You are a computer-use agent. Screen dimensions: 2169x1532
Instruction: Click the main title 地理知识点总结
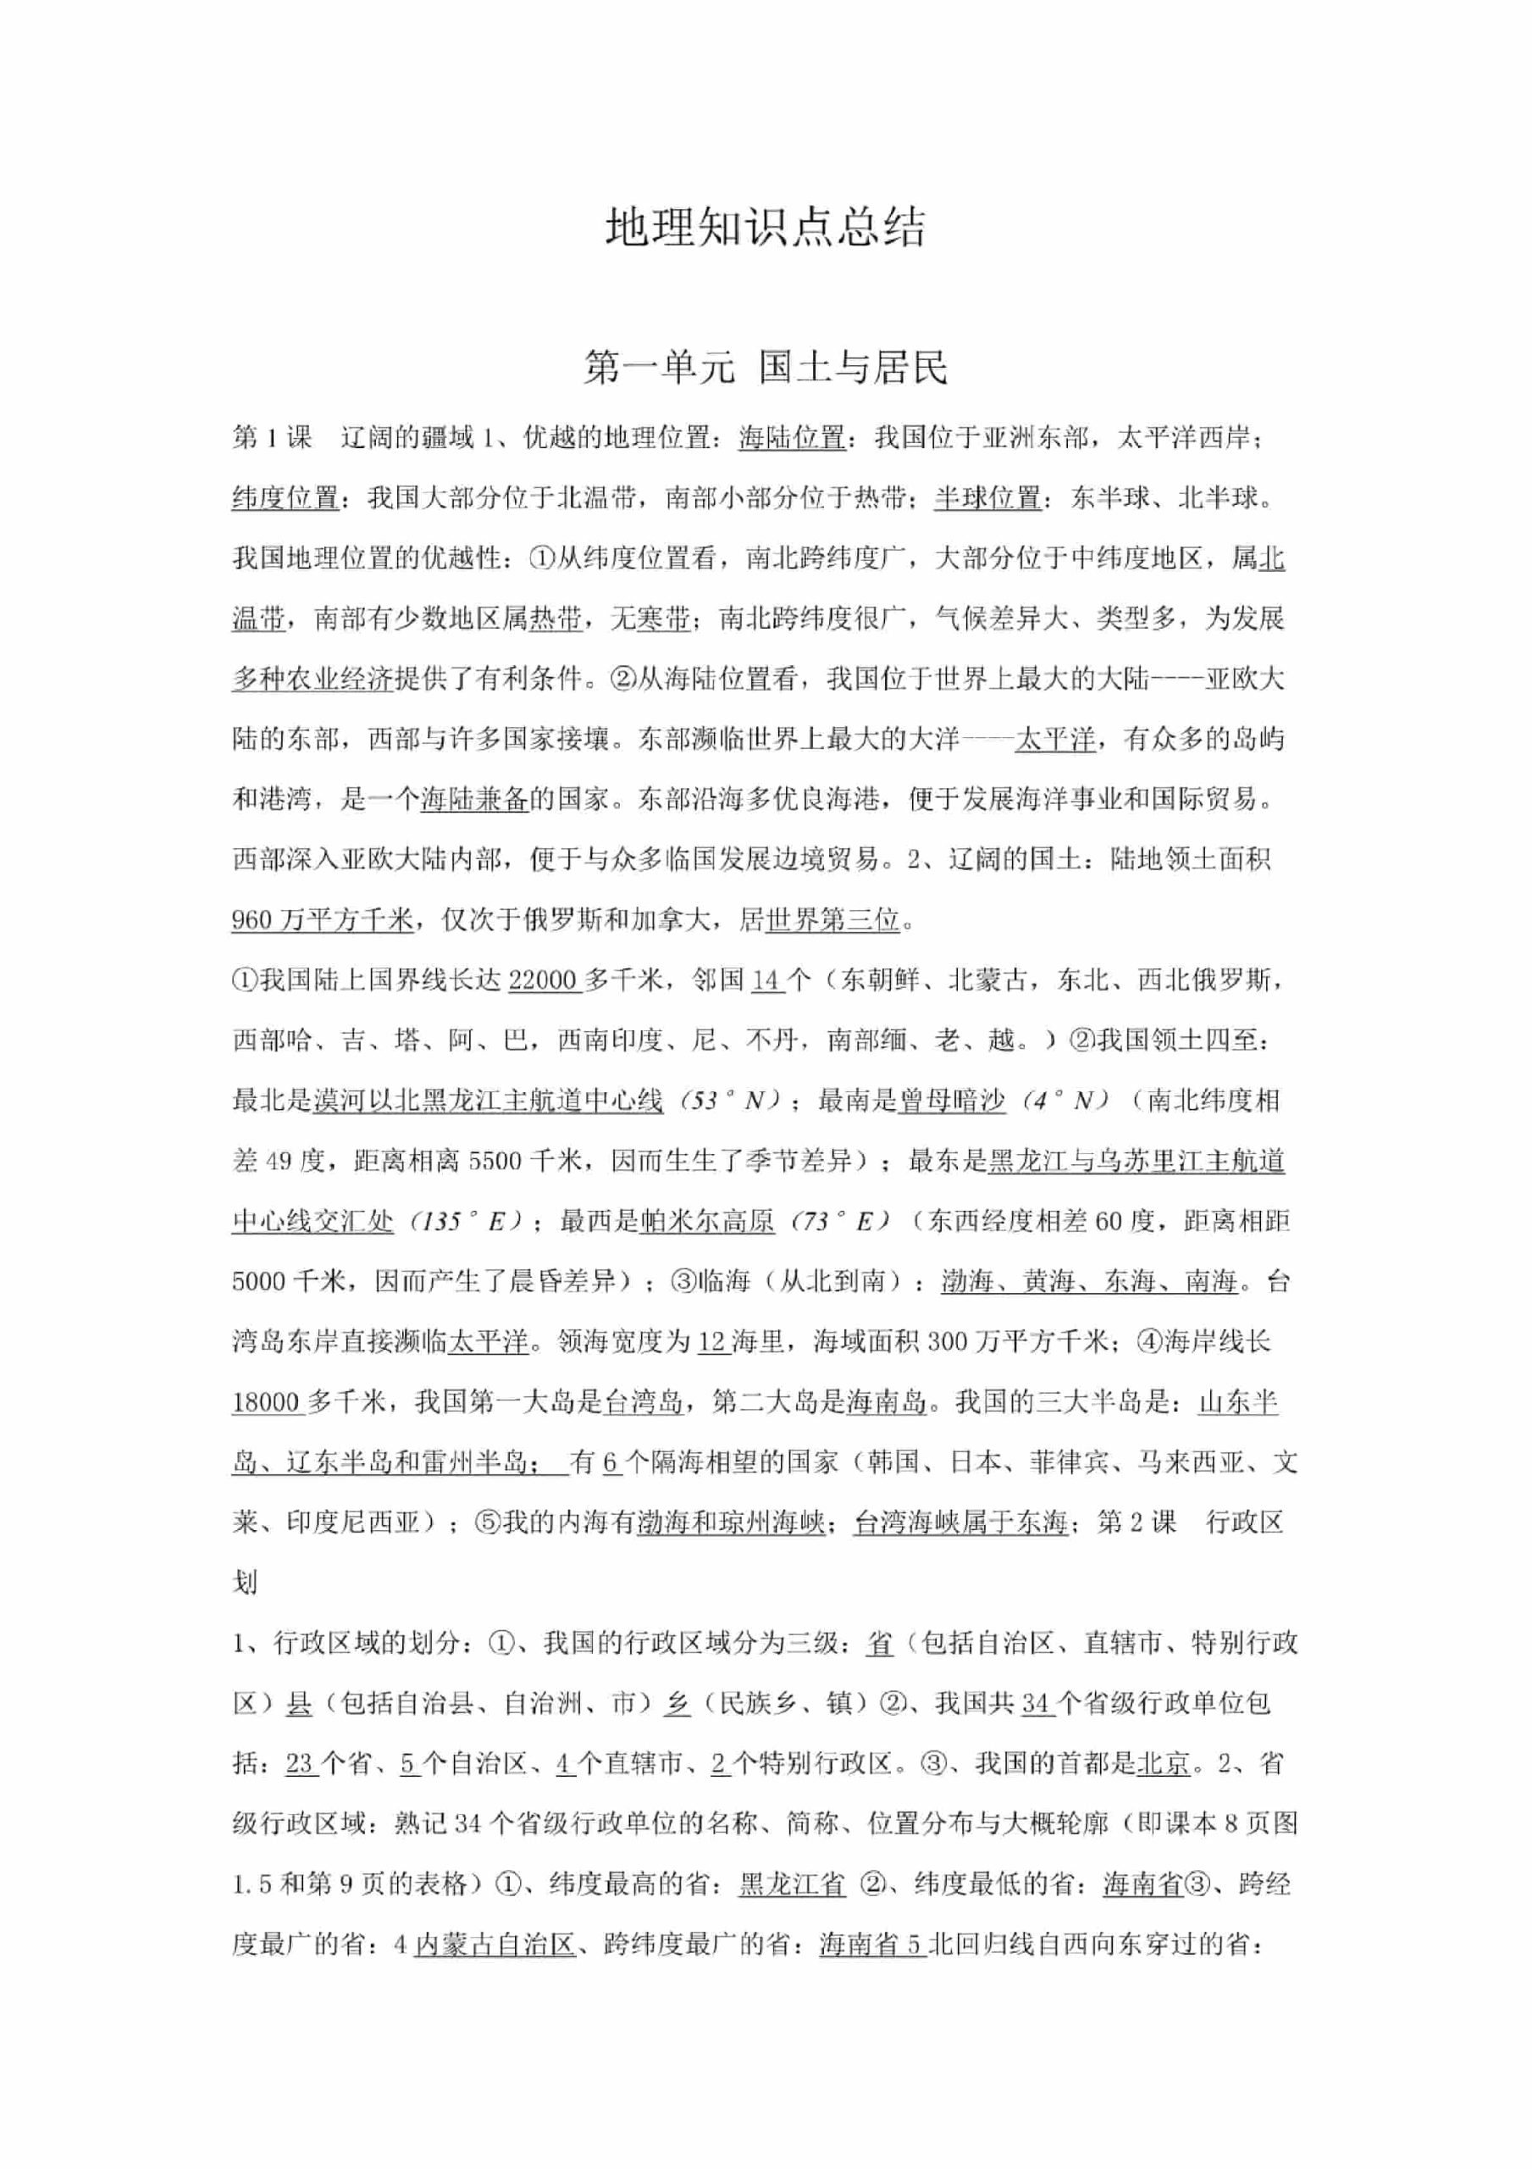click(x=765, y=228)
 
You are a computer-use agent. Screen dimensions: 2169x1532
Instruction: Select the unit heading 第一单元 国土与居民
click(x=765, y=367)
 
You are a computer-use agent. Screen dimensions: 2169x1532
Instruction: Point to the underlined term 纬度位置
click(x=285, y=498)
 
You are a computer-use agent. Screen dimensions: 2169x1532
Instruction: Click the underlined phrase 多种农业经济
click(x=312, y=679)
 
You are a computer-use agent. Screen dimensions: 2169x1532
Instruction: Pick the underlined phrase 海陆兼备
click(x=474, y=799)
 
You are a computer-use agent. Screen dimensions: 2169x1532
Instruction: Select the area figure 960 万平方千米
click(x=322, y=920)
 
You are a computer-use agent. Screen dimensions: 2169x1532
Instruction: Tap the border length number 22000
click(x=542, y=980)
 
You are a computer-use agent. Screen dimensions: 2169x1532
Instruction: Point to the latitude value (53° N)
click(x=733, y=1101)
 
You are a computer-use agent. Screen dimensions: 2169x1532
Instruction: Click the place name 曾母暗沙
click(x=951, y=1101)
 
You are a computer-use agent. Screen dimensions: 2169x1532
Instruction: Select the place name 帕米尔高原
click(x=706, y=1222)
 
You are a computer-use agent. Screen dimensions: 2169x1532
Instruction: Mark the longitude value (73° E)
click(x=835, y=1222)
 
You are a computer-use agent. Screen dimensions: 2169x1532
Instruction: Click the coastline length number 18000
click(x=267, y=1402)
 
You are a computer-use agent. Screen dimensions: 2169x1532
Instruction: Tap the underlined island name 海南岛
click(x=886, y=1402)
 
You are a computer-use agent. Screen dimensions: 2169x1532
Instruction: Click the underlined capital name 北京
click(x=1163, y=1764)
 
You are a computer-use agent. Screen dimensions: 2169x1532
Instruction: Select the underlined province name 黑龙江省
click(x=792, y=1884)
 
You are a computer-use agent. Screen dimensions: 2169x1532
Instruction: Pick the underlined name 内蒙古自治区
click(x=495, y=1945)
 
